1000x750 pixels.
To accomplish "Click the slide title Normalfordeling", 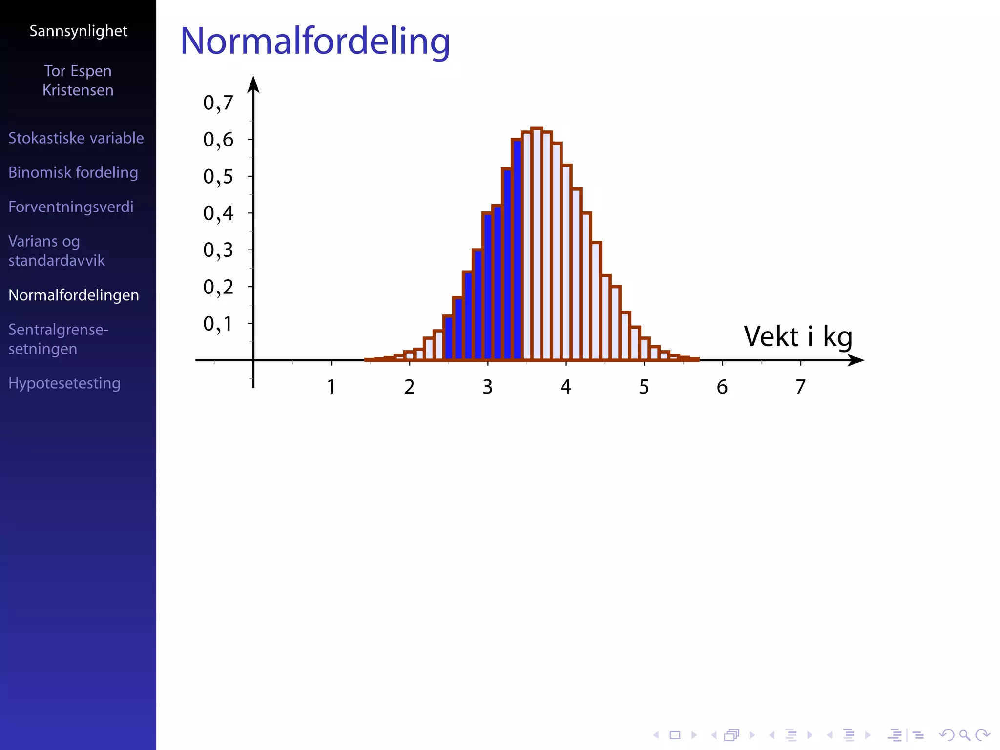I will click(x=315, y=41).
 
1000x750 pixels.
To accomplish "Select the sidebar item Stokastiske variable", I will click(x=76, y=138).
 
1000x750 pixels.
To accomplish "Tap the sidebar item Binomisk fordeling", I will click(x=73, y=172).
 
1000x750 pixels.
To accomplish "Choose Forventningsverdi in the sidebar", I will click(x=71, y=207).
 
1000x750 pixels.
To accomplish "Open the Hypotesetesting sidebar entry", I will click(x=64, y=383).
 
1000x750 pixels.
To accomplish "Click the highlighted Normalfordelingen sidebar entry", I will click(x=74, y=295).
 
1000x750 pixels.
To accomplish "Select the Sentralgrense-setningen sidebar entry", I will click(x=58, y=339).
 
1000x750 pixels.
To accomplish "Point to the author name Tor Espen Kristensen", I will click(x=78, y=81).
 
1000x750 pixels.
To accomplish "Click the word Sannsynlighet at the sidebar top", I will click(x=78, y=31).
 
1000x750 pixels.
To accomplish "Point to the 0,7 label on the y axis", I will click(x=218, y=103).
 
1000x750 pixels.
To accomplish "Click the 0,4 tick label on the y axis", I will click(x=218, y=213).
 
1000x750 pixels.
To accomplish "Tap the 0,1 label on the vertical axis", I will click(x=218, y=324).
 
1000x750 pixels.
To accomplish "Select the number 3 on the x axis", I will click(x=487, y=387).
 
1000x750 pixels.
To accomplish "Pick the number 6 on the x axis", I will click(x=722, y=387).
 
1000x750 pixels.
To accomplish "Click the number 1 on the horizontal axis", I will click(x=331, y=387).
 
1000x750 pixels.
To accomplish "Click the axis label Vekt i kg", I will click(x=797, y=336).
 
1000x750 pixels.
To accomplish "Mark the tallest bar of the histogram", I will click(x=537, y=244).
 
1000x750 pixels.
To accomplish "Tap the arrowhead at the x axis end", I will click(x=856, y=360).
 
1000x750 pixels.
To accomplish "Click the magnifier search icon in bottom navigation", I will click(x=964, y=735).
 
